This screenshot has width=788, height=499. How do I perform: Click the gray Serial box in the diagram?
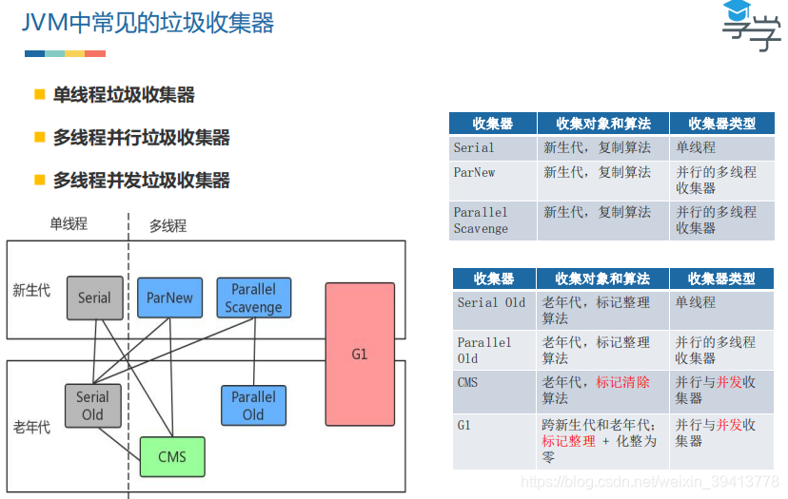point(94,297)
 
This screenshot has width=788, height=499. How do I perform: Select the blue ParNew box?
point(169,297)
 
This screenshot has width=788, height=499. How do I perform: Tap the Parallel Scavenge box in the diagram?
point(253,297)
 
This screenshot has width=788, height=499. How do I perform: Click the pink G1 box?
point(360,354)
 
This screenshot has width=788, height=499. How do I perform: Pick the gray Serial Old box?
point(92,406)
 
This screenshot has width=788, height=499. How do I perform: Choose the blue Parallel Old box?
point(253,406)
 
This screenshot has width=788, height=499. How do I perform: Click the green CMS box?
point(172,456)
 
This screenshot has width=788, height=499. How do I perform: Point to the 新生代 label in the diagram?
point(32,291)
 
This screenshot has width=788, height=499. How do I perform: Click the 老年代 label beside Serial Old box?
point(32,427)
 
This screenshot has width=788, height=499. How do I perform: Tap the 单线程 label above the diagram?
point(69,223)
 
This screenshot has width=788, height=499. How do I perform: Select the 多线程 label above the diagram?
point(167,225)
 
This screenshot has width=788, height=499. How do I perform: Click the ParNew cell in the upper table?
point(474,173)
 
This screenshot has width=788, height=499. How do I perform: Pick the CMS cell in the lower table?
point(467,382)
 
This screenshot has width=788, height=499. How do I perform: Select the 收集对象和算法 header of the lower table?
point(601,278)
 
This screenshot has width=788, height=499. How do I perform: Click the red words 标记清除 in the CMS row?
point(623,382)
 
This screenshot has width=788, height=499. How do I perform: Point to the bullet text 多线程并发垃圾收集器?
point(141,181)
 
